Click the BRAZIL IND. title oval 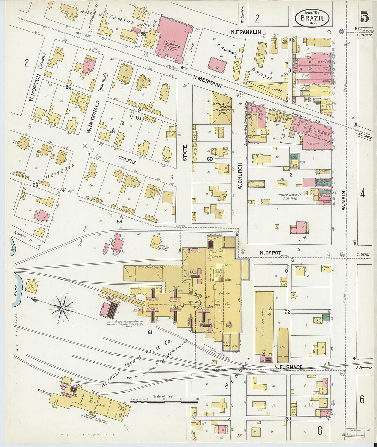(x=312, y=18)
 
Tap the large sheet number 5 (x=364, y=16)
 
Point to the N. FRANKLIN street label (x=246, y=32)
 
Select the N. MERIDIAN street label (x=208, y=80)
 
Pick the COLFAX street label (x=127, y=159)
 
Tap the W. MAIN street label (x=344, y=200)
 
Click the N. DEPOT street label (x=270, y=253)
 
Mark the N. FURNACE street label (x=288, y=367)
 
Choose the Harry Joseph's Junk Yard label (x=289, y=196)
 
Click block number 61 (x=150, y=332)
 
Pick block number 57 (x=138, y=117)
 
